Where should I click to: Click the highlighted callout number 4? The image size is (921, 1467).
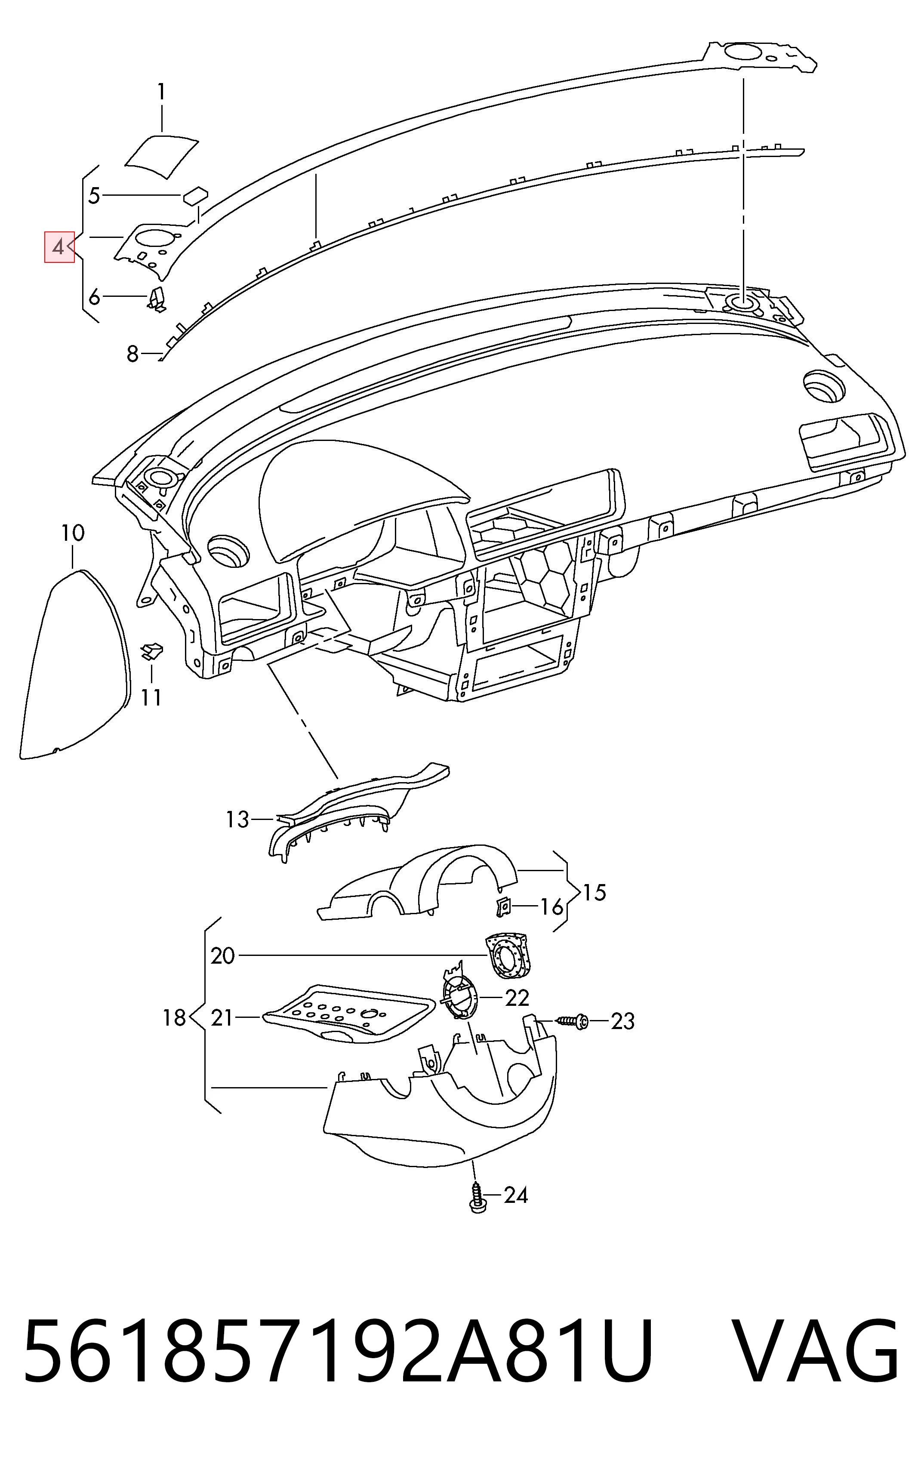pos(59,247)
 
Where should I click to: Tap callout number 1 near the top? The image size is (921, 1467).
pos(161,92)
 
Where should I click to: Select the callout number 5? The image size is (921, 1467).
pos(94,196)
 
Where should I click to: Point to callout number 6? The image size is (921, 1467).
pos(94,297)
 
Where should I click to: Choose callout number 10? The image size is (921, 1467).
pos(73,534)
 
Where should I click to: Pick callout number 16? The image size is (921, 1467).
pos(552,907)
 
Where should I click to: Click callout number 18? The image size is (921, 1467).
pos(174,1017)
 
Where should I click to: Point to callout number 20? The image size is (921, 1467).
pos(222,956)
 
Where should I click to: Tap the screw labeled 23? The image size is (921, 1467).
pos(571,1020)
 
